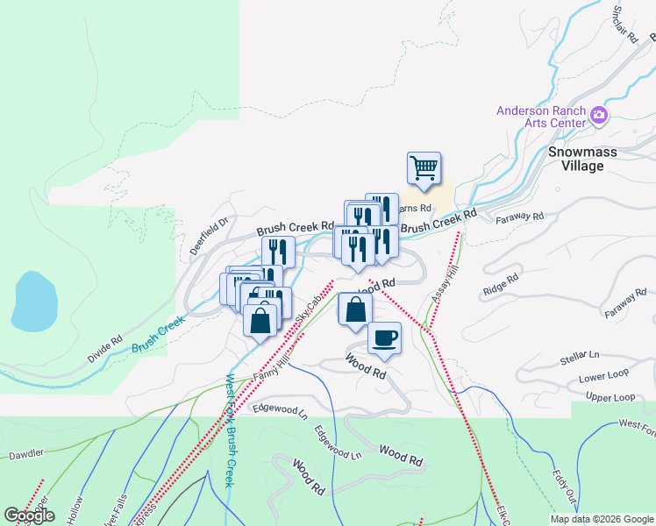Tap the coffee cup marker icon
pyautogui.click(x=383, y=337)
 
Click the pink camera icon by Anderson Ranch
pyautogui.click(x=599, y=115)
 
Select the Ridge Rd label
pyautogui.click(x=500, y=285)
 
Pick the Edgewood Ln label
pyautogui.click(x=280, y=409)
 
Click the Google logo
pyautogui.click(x=29, y=515)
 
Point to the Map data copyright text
pyautogui.click(x=602, y=519)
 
